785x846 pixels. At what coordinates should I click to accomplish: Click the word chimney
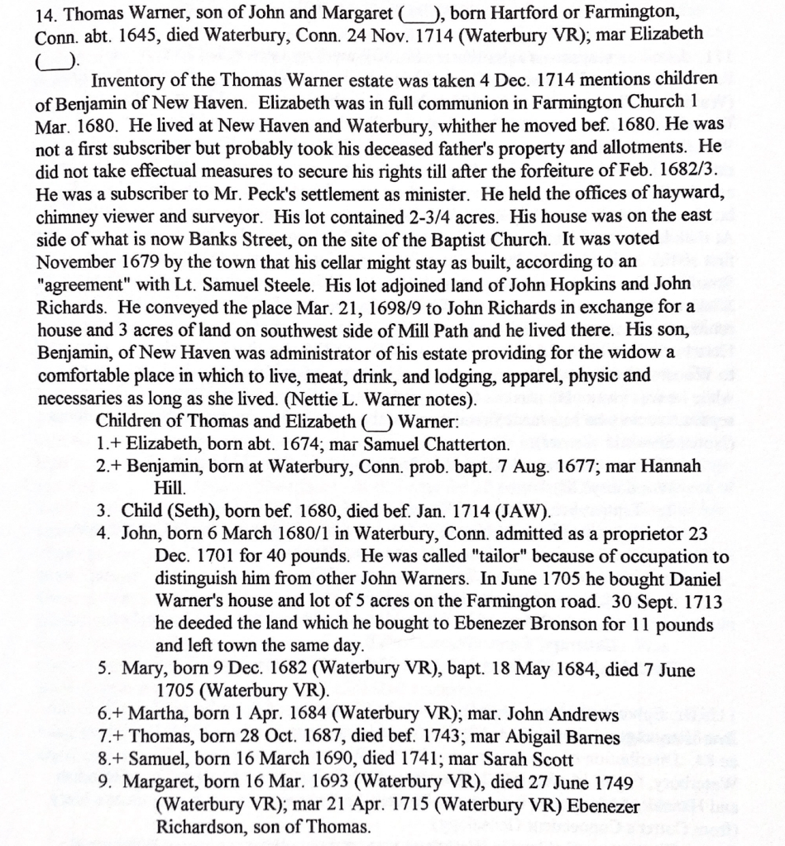pyautogui.click(x=69, y=217)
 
